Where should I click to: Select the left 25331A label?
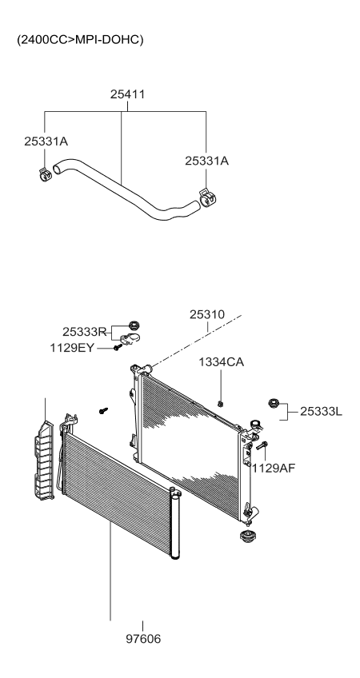[x=46, y=141]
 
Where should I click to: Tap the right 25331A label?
[x=206, y=160]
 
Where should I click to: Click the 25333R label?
[x=84, y=331]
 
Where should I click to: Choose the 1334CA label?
[x=222, y=362]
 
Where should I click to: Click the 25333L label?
[x=321, y=411]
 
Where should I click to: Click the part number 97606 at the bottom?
[x=143, y=640]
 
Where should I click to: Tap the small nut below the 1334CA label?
[x=221, y=400]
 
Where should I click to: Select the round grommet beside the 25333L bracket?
[x=274, y=404]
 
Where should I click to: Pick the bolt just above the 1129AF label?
[x=265, y=448]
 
